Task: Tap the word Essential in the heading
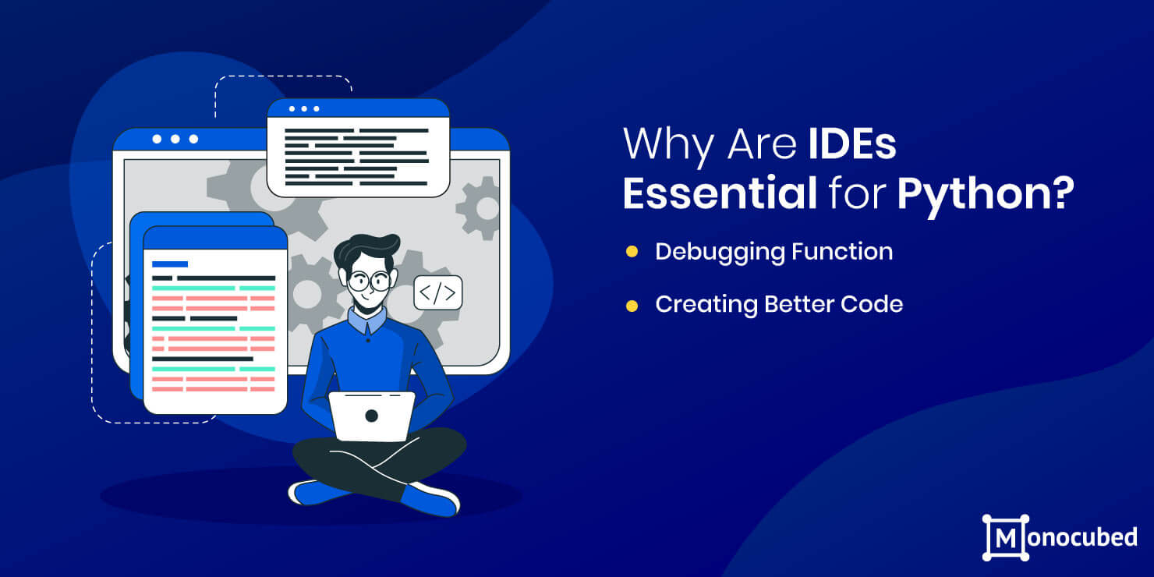click(x=720, y=193)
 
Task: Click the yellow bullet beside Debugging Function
click(x=632, y=251)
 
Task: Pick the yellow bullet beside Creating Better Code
click(x=632, y=306)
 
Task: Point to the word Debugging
click(x=719, y=253)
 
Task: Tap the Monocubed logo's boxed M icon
click(x=1006, y=538)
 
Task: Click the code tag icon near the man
click(x=438, y=293)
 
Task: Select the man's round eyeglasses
click(x=369, y=281)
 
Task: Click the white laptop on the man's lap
click(x=372, y=416)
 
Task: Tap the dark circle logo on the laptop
click(x=371, y=416)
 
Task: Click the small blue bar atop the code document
click(x=170, y=264)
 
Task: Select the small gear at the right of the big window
click(x=478, y=207)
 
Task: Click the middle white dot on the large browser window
click(x=175, y=139)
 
